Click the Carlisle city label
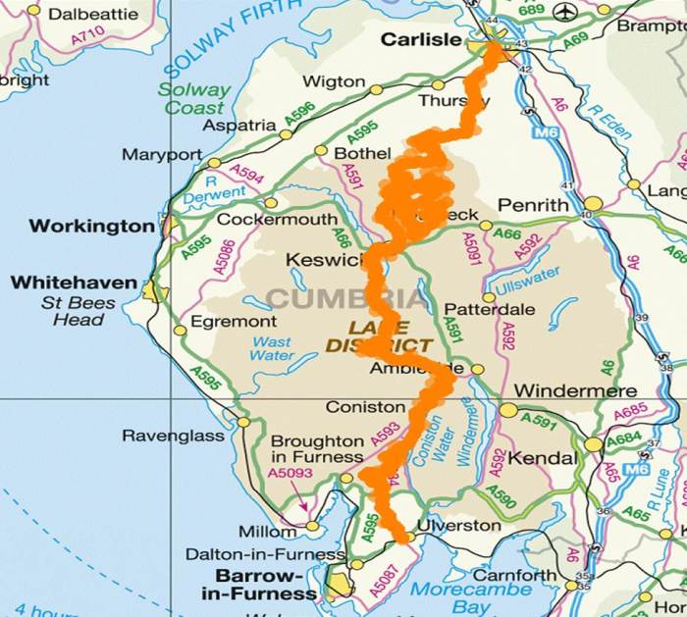coord(420,40)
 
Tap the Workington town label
coord(91,226)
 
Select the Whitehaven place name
coord(74,283)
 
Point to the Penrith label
coord(533,206)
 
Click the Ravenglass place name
coord(174,436)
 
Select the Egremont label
coord(234,321)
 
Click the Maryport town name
coord(161,155)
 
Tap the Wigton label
coord(334,82)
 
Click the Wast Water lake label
coord(272,348)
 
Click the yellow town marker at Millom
coord(312,526)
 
